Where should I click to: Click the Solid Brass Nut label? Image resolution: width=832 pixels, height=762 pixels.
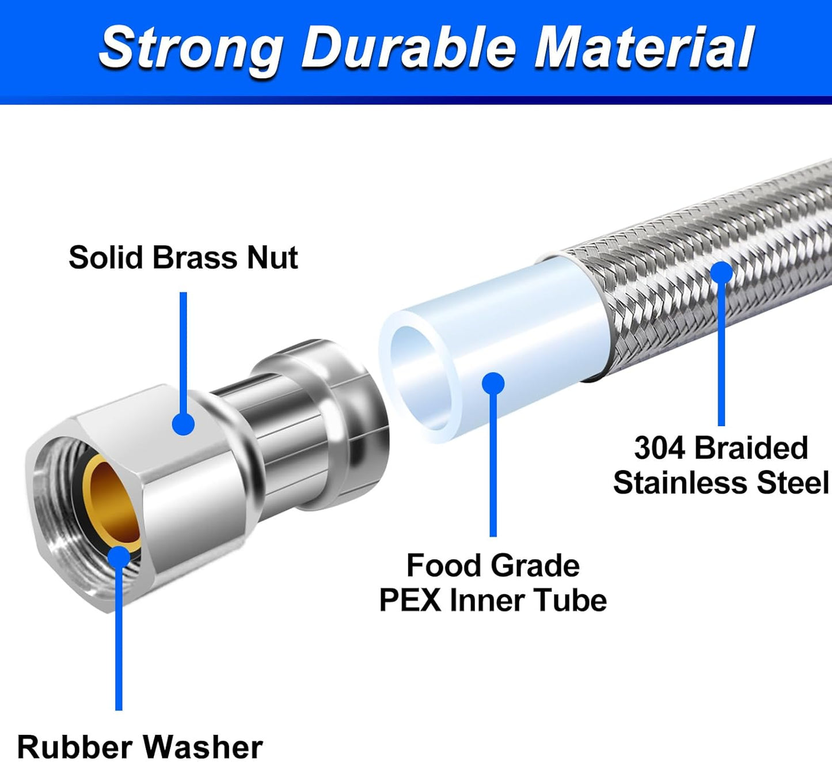click(x=183, y=257)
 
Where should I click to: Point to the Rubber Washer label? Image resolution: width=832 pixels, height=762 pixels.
click(x=140, y=747)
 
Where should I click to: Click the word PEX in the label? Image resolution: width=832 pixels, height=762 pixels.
click(x=411, y=600)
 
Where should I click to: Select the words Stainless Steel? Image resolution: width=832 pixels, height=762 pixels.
click(x=721, y=483)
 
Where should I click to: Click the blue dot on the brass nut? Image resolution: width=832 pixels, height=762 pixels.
click(x=183, y=424)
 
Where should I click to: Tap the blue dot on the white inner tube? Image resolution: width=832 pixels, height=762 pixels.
click(x=493, y=384)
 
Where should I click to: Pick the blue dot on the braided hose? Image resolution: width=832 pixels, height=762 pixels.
click(x=721, y=272)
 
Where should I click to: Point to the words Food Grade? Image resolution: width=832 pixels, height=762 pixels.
click(x=493, y=566)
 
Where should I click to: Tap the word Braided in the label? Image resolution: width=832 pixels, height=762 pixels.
click(x=751, y=448)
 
